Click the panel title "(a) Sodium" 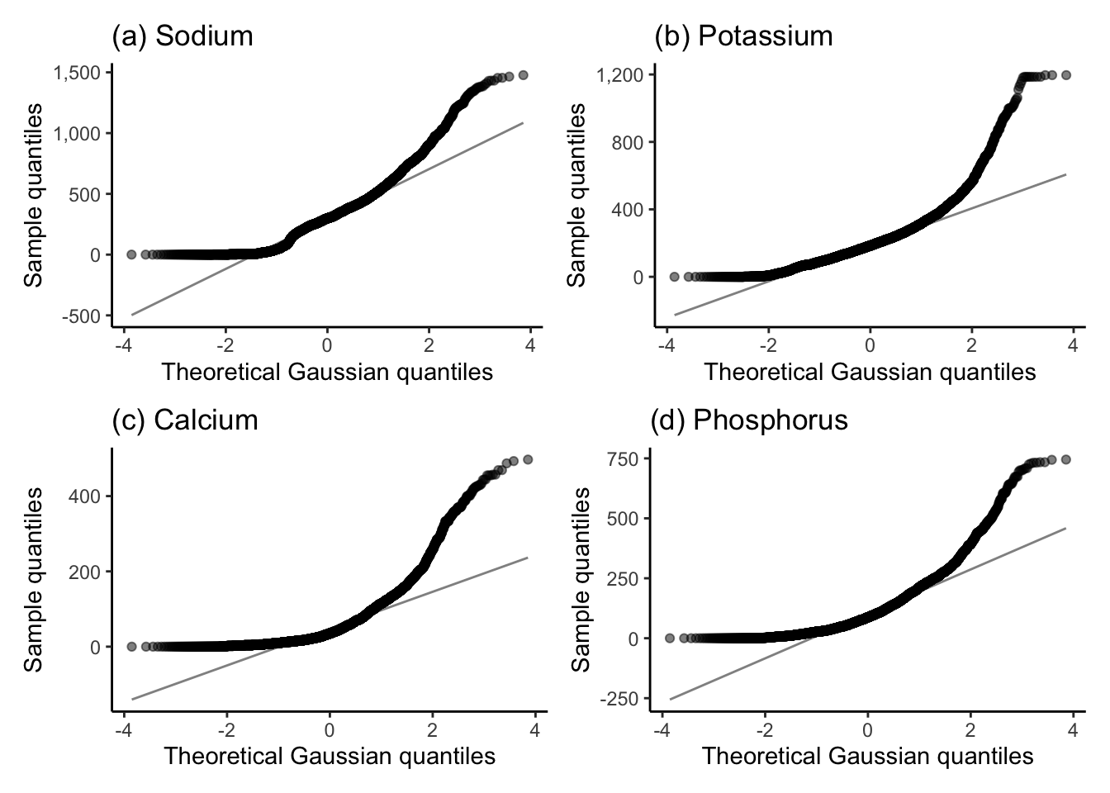(182, 36)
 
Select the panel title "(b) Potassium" (743, 36)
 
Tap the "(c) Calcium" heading (185, 420)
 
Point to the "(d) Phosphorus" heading (749, 420)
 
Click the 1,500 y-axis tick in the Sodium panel (78, 73)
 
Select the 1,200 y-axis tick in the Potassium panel (620, 75)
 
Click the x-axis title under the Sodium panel (327, 372)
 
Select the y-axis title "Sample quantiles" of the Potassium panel (576, 196)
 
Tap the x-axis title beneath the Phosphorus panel (867, 756)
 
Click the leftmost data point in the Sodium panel (131, 254)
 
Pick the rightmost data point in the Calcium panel (528, 459)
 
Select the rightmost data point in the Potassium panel (1066, 75)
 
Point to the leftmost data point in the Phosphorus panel (670, 638)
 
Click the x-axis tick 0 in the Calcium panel (330, 730)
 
